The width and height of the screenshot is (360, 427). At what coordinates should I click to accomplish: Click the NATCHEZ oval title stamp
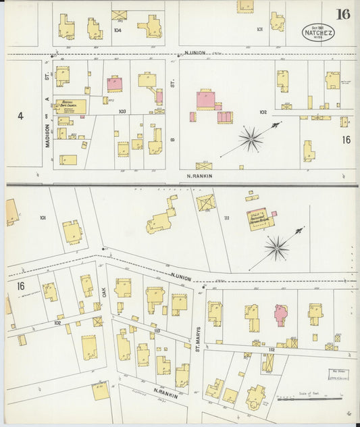point(317,33)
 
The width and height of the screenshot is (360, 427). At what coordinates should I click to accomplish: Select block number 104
point(118,30)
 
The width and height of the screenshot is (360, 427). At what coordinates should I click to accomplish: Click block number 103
point(122,110)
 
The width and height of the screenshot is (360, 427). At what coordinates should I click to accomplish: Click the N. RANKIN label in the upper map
point(199,176)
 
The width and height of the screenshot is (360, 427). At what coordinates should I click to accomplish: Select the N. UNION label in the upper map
point(195,51)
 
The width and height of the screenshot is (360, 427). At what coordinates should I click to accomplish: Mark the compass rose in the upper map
point(251,140)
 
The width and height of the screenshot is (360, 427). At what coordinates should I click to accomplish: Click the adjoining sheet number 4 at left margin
point(20,116)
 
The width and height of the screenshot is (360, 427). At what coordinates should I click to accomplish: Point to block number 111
point(226,218)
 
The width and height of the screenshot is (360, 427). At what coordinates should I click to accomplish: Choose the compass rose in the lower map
point(276,248)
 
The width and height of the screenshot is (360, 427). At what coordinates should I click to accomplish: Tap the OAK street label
point(105,293)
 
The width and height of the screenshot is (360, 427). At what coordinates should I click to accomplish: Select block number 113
point(156,330)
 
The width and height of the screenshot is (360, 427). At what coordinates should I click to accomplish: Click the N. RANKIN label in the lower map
point(165,392)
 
